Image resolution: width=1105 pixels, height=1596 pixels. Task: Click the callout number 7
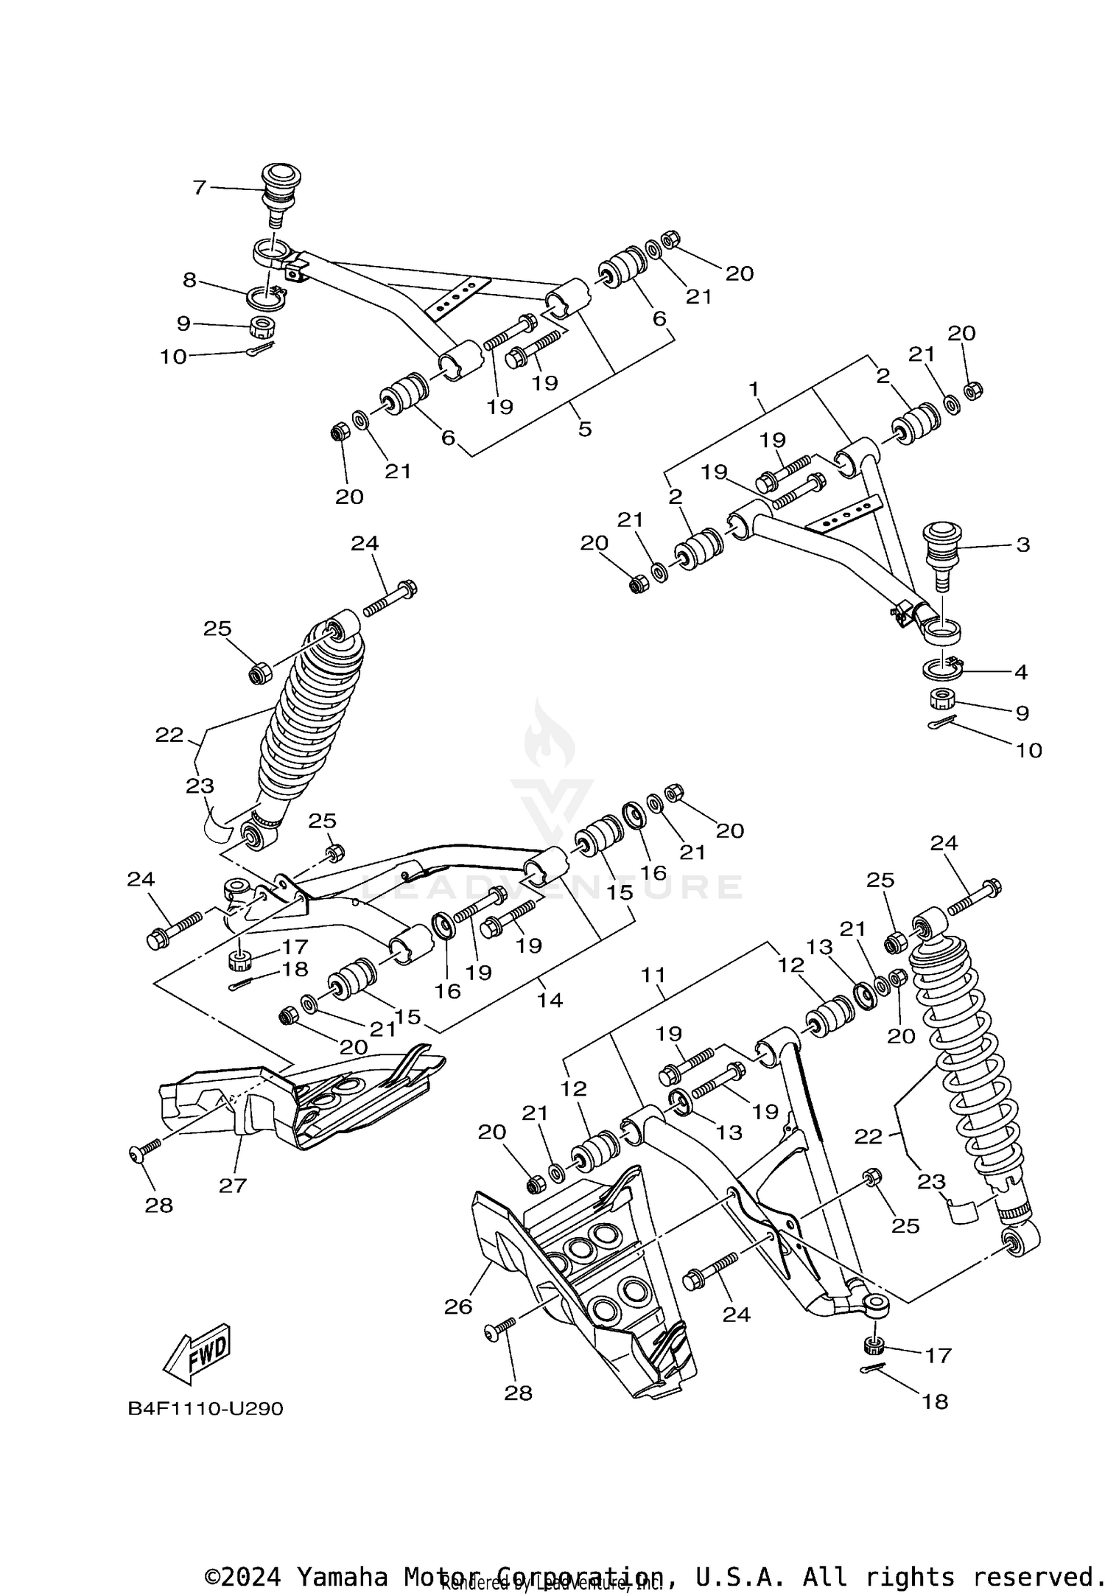[199, 187]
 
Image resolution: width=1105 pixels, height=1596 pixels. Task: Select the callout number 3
[1022, 545]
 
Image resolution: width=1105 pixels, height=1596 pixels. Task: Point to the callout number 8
[190, 279]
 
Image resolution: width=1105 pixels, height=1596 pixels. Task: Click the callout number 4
[1020, 671]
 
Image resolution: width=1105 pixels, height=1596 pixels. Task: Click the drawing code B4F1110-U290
[206, 1408]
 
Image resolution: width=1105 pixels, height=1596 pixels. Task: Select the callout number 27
[233, 1185]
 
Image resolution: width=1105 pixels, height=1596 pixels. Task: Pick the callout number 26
[458, 1306]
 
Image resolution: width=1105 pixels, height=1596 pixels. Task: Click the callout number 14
[550, 1000]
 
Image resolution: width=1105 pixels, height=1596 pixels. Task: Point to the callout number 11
[653, 975]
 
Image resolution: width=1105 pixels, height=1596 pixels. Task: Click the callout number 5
[585, 428]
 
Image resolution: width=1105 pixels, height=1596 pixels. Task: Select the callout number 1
[754, 388]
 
